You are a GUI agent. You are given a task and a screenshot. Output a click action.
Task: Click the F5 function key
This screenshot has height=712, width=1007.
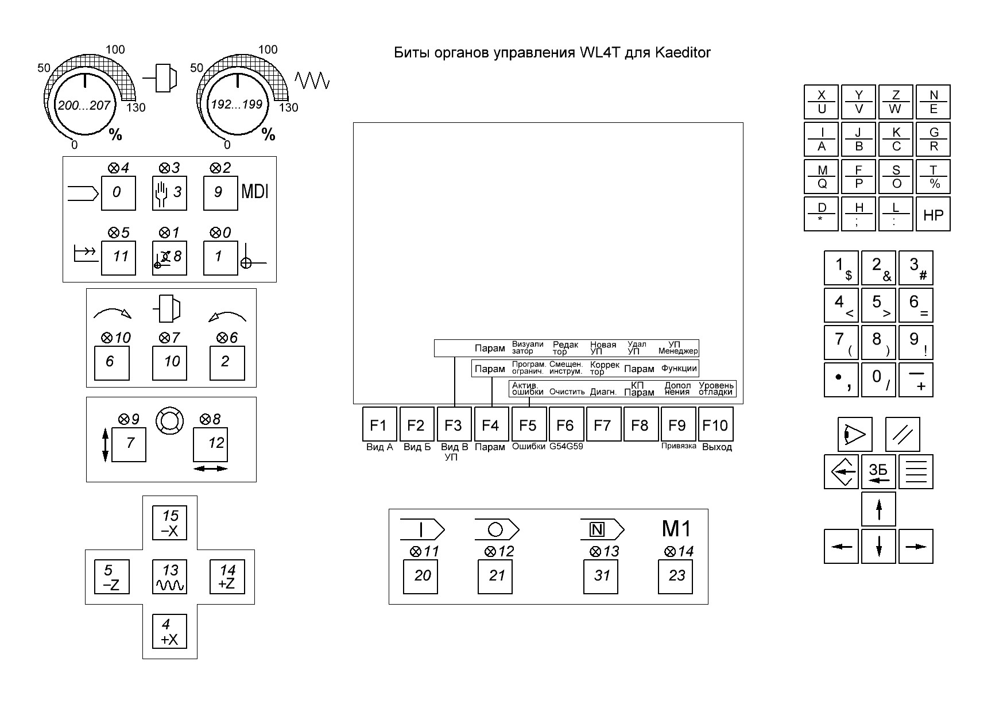click(x=528, y=425)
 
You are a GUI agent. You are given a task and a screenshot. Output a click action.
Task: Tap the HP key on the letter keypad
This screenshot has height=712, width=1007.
click(x=933, y=215)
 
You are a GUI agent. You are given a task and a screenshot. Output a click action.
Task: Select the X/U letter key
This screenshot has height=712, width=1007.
click(x=822, y=102)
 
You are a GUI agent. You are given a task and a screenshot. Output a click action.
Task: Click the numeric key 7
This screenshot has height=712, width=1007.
click(x=841, y=343)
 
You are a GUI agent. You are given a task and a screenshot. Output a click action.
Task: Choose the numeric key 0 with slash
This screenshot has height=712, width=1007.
click(x=878, y=380)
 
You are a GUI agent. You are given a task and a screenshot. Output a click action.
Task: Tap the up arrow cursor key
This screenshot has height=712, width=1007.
click(x=878, y=509)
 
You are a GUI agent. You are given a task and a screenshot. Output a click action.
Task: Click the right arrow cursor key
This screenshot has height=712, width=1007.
click(x=916, y=547)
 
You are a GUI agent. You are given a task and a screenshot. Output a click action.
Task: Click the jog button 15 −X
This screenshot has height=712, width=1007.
click(x=169, y=523)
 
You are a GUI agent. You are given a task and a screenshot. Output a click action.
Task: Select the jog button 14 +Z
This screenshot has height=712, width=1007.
click(x=227, y=577)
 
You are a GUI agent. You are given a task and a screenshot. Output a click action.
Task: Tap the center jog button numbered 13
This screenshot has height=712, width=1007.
click(x=169, y=577)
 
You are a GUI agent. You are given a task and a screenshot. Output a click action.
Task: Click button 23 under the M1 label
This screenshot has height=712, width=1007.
click(x=676, y=576)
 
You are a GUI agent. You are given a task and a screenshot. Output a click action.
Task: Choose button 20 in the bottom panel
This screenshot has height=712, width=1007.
click(x=421, y=576)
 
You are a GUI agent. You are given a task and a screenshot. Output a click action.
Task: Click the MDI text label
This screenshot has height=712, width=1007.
click(x=255, y=191)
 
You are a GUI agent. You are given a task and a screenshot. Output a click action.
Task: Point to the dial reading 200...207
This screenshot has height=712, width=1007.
click(x=84, y=105)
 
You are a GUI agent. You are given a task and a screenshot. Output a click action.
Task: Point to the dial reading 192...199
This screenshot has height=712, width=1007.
click(x=237, y=105)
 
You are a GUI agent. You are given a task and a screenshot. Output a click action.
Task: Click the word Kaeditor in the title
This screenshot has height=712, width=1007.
click(x=683, y=53)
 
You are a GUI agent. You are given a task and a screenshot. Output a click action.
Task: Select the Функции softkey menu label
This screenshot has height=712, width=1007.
click(x=679, y=369)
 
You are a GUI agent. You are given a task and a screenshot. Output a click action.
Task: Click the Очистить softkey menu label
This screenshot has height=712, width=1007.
click(x=567, y=392)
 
